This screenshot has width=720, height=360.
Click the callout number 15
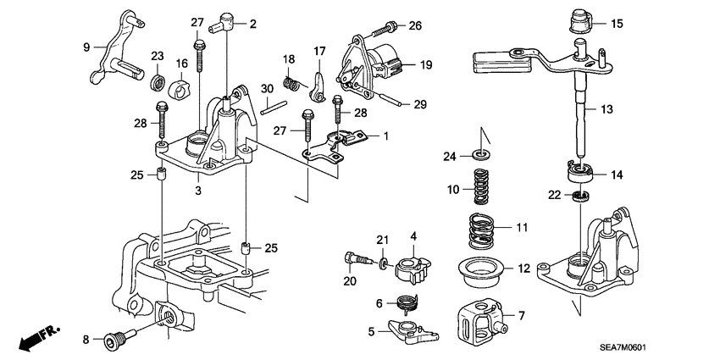tap(617, 24)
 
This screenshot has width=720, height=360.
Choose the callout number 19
tap(424, 64)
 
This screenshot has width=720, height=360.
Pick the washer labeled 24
tap(480, 154)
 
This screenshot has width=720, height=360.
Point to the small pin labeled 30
tap(270, 106)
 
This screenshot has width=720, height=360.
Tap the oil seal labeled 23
tap(157, 83)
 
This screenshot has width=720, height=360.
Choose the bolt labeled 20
tap(357, 256)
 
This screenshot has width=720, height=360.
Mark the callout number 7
tap(522, 316)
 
